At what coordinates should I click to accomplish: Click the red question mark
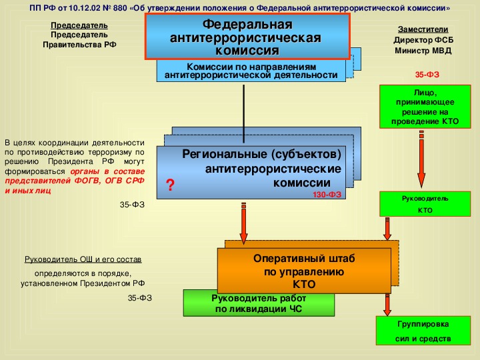click(170, 185)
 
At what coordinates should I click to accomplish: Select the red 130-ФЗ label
click(327, 195)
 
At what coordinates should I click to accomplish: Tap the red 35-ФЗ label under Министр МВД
click(427, 75)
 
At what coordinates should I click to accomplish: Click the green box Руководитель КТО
click(425, 204)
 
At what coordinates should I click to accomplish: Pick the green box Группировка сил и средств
click(423, 331)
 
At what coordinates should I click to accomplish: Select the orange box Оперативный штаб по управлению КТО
click(304, 271)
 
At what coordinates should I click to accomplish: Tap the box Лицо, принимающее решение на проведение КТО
click(425, 107)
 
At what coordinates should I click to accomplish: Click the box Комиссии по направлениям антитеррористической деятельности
click(251, 71)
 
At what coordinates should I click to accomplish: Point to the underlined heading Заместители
click(423, 29)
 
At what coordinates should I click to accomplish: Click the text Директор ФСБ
click(423, 40)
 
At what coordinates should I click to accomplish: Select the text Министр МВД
click(423, 51)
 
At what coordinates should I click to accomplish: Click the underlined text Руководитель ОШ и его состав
click(83, 259)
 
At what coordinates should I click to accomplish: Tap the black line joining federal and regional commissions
click(244, 114)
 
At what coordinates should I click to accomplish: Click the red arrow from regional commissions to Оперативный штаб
click(244, 223)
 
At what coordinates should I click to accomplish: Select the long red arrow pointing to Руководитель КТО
click(421, 159)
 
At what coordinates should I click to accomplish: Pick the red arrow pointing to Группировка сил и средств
click(387, 305)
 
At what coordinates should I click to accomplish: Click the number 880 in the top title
click(120, 7)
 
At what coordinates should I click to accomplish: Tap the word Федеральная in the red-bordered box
click(247, 24)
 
